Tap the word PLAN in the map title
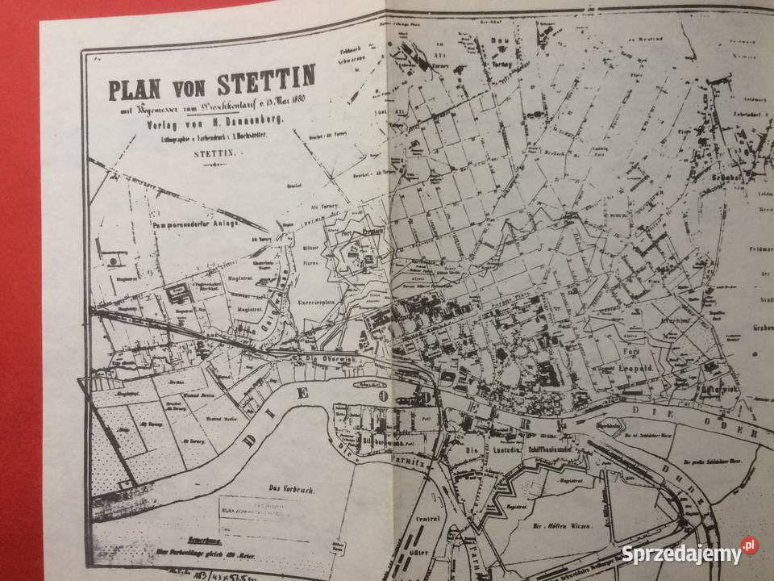point(137,86)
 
